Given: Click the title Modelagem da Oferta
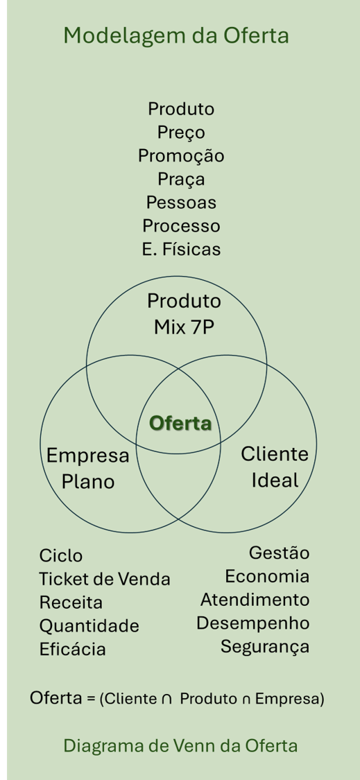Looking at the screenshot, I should click(175, 35).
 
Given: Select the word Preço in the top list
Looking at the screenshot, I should click(181, 132).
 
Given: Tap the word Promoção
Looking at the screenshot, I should click(181, 156).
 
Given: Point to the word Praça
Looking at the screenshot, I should click(181, 180).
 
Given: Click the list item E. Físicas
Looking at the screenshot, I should click(181, 250).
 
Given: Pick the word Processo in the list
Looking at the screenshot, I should click(181, 226).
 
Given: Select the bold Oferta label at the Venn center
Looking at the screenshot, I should click(180, 423).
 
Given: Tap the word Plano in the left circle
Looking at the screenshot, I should click(88, 481).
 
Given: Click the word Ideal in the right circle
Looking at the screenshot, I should click(275, 480).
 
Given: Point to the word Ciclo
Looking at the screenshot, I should click(61, 556).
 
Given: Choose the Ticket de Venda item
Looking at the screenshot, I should click(105, 579).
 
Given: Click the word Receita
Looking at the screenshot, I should click(71, 603).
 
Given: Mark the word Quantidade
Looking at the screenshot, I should click(89, 626).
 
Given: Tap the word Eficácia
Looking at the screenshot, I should click(73, 650).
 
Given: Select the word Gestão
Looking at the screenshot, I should click(278, 553).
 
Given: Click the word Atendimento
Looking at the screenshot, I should click(255, 600).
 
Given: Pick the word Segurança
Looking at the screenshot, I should click(265, 647).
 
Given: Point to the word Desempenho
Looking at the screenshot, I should click(252, 623).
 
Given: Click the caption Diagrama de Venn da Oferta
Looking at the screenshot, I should click(180, 746).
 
